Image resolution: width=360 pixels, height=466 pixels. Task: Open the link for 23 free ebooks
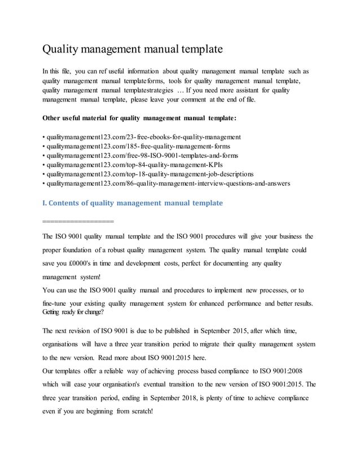pyautogui.click(x=144, y=137)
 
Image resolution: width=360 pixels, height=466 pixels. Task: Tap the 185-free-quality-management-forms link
pyautogui.click(x=138, y=146)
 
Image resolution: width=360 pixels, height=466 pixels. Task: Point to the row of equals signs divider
pyautogui.click(x=78, y=221)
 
